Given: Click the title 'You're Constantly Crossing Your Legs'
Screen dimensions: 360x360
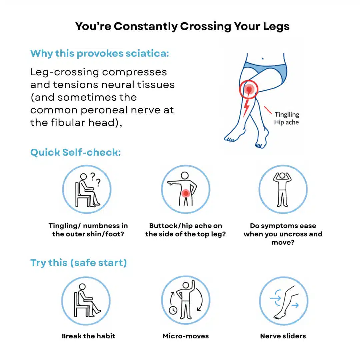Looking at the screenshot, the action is (182, 26).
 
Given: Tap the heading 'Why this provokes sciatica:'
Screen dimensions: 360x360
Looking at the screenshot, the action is (100, 53).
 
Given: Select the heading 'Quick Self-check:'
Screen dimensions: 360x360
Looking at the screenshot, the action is (76, 152).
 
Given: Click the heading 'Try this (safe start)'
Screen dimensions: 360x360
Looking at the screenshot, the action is (79, 263).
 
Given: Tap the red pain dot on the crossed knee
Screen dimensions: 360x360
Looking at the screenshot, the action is (249, 89).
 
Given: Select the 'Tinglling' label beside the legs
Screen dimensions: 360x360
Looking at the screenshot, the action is (287, 114).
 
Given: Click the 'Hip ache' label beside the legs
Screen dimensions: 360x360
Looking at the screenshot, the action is (286, 122).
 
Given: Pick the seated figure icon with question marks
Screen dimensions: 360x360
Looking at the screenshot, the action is (87, 189).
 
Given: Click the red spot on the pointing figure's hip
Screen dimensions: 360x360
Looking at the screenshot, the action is (186, 193).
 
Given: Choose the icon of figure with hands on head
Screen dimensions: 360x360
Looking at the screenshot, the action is (283, 189).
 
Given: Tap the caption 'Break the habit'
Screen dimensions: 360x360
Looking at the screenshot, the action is (88, 336).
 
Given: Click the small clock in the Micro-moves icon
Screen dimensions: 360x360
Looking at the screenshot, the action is (173, 310).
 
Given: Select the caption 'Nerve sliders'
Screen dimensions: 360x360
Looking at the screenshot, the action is (283, 336).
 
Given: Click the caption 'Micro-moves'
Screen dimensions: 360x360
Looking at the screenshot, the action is (186, 336).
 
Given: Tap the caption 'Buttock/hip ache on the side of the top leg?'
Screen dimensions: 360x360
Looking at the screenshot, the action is (186, 230).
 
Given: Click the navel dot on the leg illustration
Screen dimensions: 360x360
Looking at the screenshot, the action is (263, 59).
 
